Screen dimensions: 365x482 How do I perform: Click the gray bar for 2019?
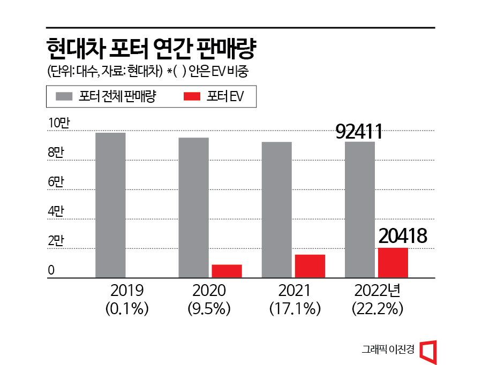click(110, 205)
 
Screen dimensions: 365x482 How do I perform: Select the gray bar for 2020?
click(194, 208)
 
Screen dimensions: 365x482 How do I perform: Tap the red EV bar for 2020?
click(227, 271)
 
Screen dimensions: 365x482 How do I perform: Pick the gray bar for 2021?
click(277, 210)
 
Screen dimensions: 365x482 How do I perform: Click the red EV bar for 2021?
click(310, 266)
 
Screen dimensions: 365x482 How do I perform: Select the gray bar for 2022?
click(360, 210)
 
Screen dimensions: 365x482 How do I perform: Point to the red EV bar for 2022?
click(393, 263)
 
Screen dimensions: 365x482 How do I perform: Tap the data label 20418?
click(402, 236)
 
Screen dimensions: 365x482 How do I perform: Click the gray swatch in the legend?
click(64, 97)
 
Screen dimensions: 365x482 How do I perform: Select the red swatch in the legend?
click(192, 97)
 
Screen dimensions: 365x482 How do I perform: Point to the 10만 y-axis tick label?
click(59, 123)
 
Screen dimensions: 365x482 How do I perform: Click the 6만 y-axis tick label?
click(56, 182)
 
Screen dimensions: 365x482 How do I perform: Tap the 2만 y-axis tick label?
click(56, 241)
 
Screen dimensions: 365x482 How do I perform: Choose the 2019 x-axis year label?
click(127, 291)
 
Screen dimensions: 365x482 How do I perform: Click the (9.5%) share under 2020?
click(209, 309)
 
